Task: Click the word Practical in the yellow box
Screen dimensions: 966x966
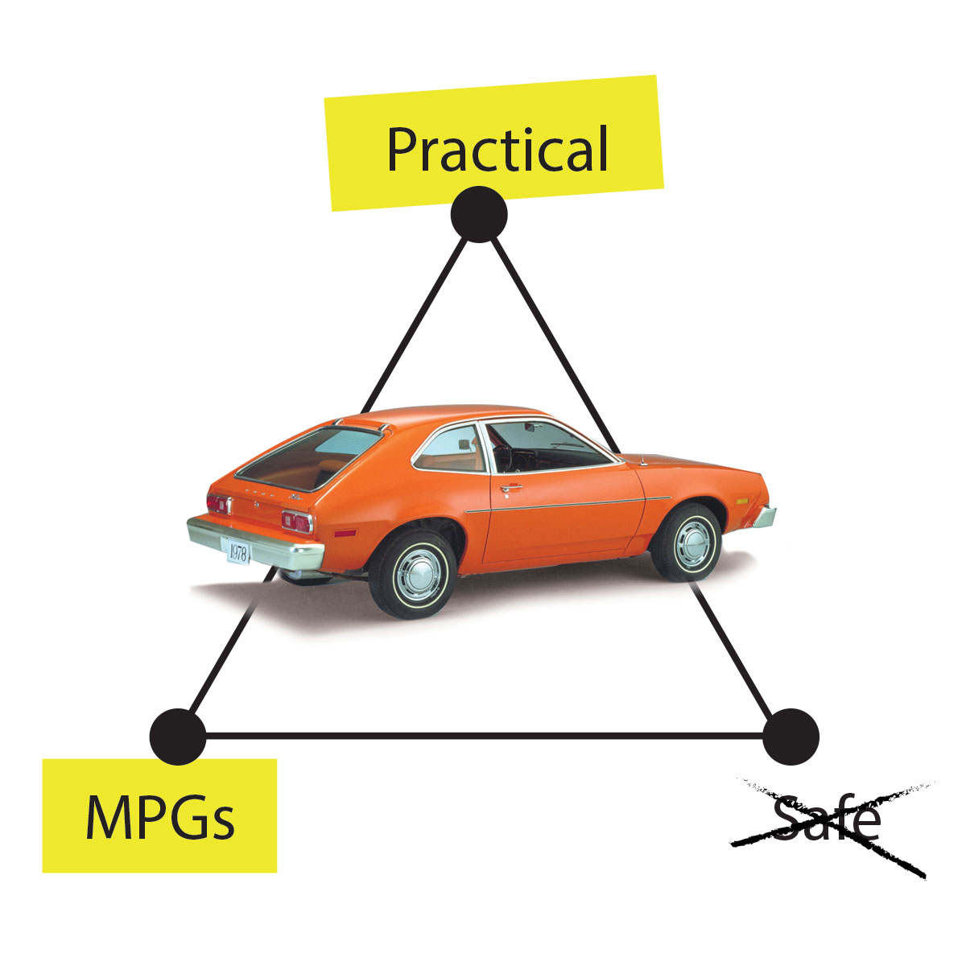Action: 497,149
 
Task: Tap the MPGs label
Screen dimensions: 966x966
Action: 159,815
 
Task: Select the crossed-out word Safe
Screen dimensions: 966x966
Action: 826,820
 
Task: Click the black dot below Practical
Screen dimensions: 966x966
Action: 479,214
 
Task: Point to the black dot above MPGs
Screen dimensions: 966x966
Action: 178,736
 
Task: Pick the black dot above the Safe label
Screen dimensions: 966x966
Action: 791,736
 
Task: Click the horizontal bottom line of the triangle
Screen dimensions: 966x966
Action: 483,735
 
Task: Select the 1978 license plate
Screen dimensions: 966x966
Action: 238,552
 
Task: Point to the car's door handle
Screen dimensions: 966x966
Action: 510,488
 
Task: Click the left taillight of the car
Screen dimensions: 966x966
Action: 218,505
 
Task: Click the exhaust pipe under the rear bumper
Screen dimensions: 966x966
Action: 291,575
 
